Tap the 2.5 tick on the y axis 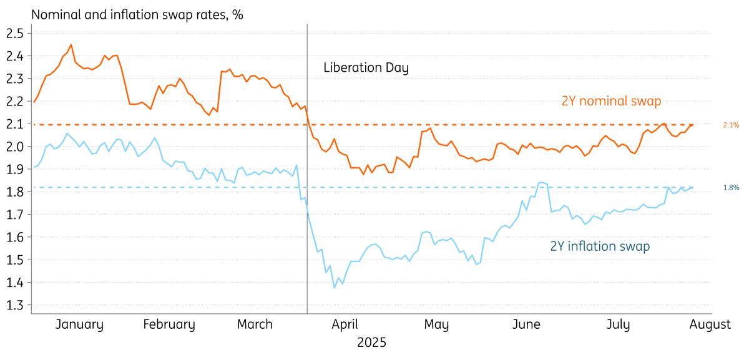(x=14, y=33)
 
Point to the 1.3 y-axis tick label (x=14, y=306)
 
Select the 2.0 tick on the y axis (x=14, y=147)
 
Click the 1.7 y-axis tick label (x=14, y=215)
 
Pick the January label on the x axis (x=79, y=324)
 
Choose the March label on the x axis (x=255, y=324)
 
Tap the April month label (x=344, y=324)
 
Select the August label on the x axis (x=710, y=324)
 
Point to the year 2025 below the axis (x=371, y=343)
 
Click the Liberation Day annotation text (x=366, y=67)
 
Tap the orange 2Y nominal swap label (x=612, y=100)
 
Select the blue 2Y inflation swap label (x=600, y=246)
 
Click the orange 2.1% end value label (x=732, y=125)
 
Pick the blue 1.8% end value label (x=732, y=187)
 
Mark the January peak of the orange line (x=71, y=45)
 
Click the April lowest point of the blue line (x=334, y=288)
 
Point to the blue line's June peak (x=541, y=182)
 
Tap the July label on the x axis (x=619, y=324)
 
